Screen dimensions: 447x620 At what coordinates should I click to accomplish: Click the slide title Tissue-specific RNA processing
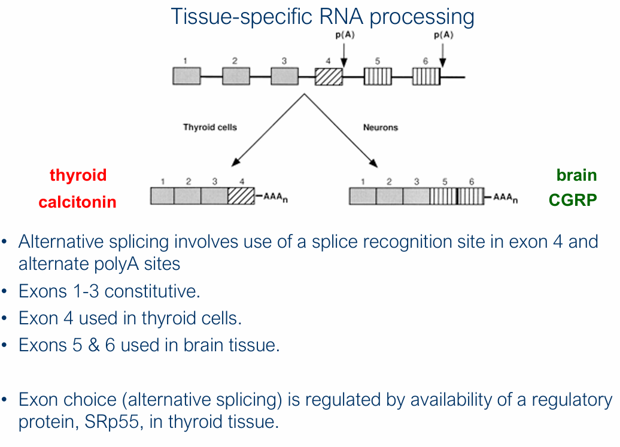(322, 16)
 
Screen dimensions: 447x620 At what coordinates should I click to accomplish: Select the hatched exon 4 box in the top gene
(329, 77)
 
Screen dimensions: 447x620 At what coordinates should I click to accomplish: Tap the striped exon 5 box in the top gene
(378, 77)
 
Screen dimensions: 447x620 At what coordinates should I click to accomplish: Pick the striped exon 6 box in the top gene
(426, 77)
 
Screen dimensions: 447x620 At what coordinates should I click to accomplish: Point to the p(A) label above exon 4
(344, 35)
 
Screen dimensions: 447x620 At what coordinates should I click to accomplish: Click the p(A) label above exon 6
(443, 35)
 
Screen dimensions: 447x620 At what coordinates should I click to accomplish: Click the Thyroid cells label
(209, 127)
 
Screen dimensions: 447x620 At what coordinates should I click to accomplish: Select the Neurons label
(380, 127)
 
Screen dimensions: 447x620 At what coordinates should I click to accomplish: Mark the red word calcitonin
(77, 202)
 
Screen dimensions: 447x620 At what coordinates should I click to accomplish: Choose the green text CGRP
(573, 200)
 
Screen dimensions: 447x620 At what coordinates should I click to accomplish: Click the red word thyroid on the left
(78, 175)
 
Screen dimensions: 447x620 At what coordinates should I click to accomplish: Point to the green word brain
(576, 175)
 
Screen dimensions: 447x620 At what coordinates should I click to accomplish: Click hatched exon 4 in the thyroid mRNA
(241, 196)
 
